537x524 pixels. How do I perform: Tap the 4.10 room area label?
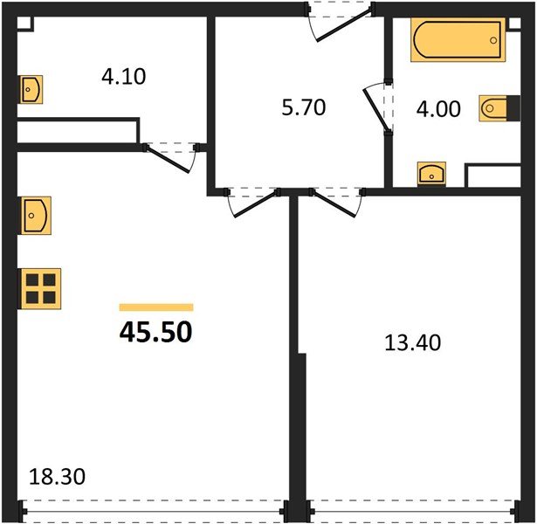pos(123,77)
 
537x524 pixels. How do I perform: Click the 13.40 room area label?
pos(412,342)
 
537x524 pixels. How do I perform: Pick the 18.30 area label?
pos(58,478)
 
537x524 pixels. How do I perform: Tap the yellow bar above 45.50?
pos(155,307)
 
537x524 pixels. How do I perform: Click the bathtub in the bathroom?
pos(458,41)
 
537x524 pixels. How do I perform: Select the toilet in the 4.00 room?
pos(493,109)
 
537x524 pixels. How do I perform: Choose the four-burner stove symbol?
pos(41,286)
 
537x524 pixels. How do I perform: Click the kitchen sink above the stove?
pos(36,214)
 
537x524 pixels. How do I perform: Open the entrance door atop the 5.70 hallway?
pos(340,23)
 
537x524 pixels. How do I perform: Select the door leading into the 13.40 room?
pos(335,203)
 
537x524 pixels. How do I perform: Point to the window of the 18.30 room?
pos(153,510)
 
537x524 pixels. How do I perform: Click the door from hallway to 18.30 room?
pos(253,203)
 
